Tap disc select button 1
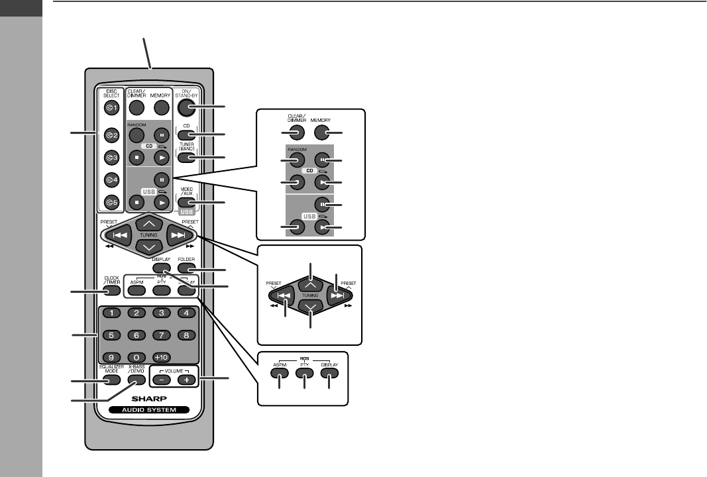[111, 108]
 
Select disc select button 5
[111, 202]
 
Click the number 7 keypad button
[162, 335]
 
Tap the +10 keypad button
[162, 356]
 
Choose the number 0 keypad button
[136, 356]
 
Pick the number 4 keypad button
[187, 313]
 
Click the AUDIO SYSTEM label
[150, 411]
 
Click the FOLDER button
[188, 269]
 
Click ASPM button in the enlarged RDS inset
[280, 373]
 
